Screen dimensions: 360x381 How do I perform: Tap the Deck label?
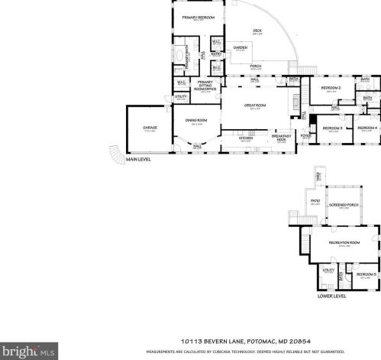point(257,31)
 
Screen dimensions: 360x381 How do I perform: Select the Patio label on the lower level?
point(315,202)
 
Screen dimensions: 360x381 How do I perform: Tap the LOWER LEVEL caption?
point(331,295)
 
